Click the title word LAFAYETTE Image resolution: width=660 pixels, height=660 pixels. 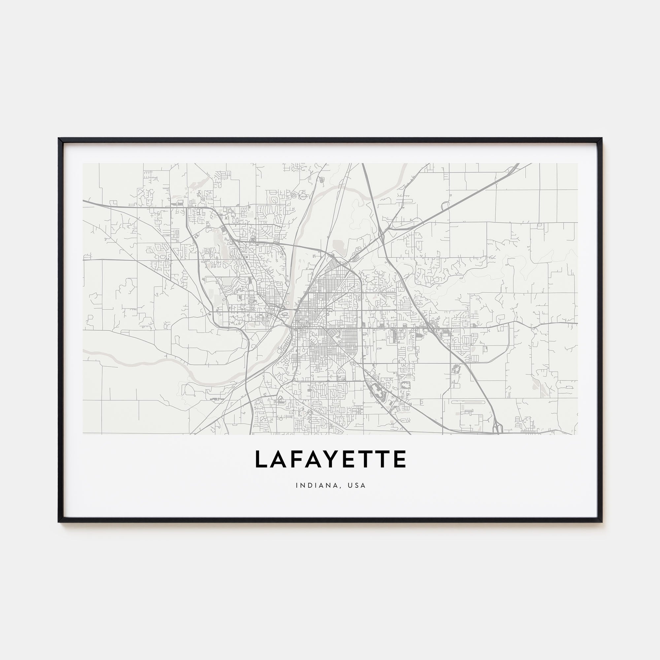330,459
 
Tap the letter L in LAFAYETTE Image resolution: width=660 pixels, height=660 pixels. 261,459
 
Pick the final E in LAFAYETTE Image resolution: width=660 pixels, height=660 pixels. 399,459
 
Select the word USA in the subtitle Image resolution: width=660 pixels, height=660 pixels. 358,485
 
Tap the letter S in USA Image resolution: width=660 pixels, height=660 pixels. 358,485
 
